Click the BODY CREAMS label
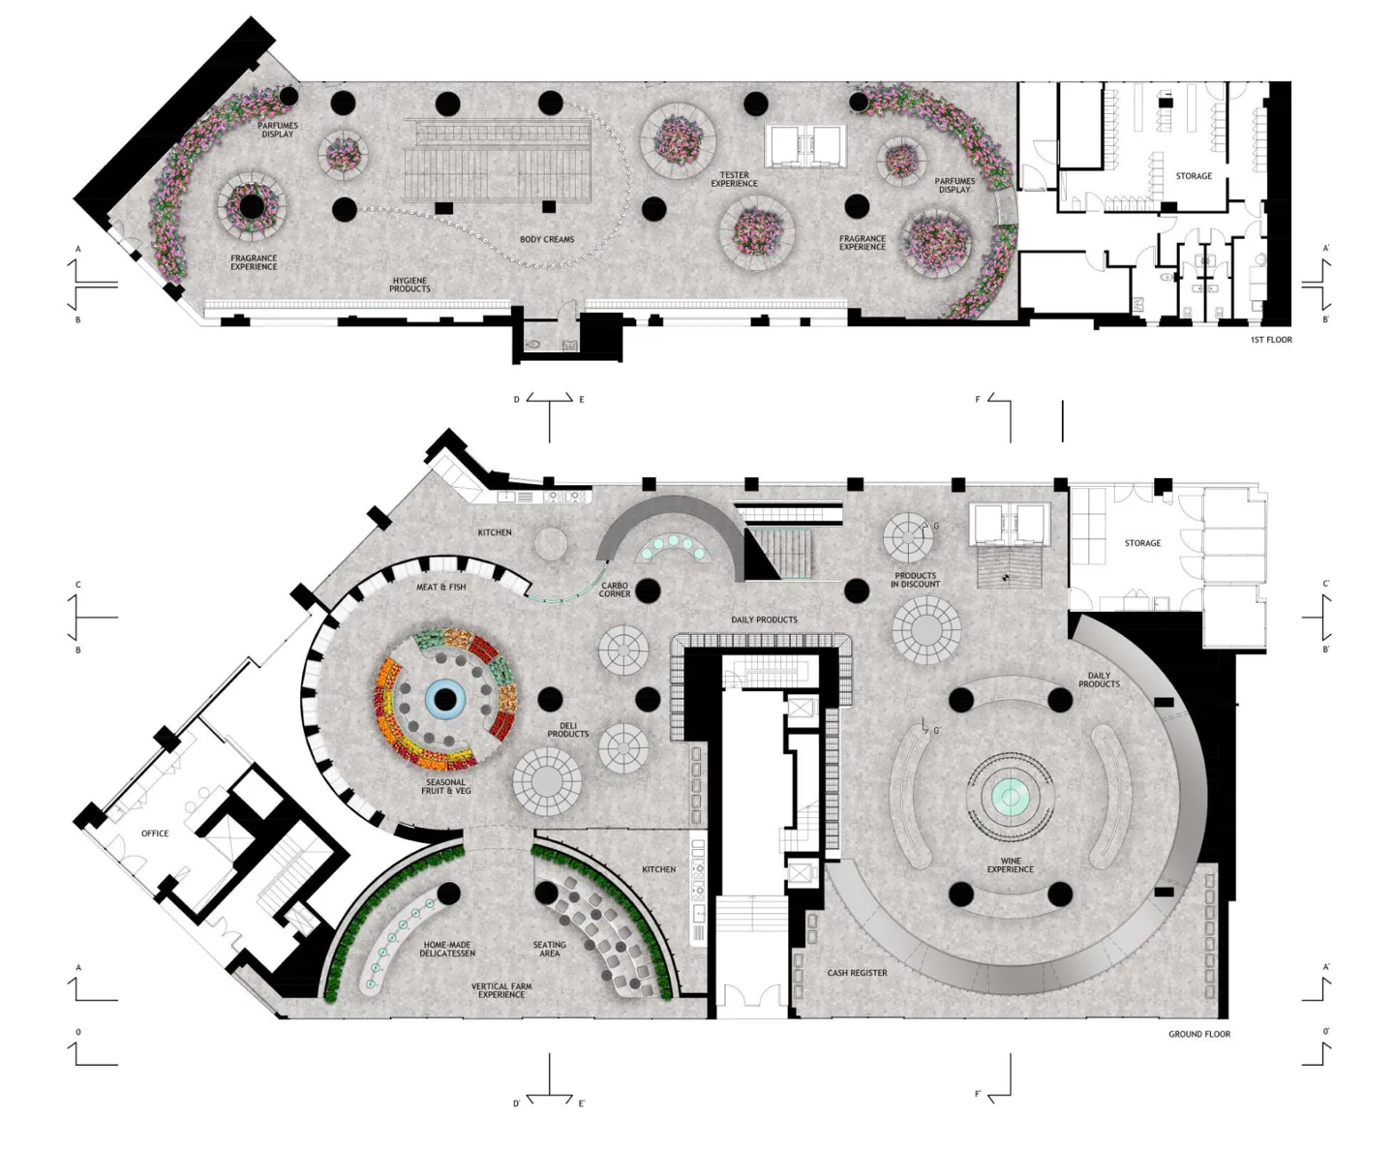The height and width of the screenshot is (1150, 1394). coord(547,239)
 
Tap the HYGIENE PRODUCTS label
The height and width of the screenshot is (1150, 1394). coord(409,285)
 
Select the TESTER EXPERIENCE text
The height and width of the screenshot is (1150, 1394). coord(734,179)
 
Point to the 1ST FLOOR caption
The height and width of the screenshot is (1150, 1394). coord(1271,340)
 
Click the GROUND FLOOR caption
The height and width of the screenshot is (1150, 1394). coord(1199,1034)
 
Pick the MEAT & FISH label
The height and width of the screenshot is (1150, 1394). coord(440,587)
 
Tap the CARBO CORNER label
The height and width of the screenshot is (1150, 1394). coord(614,590)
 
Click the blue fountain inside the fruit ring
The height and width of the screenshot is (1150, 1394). coord(445,700)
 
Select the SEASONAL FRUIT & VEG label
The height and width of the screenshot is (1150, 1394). coord(446,786)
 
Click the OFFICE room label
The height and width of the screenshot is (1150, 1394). coord(155,833)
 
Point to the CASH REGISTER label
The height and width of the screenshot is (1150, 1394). coord(858,973)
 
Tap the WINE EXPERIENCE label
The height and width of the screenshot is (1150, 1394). coord(1010,864)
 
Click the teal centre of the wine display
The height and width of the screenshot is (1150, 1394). coord(1010,797)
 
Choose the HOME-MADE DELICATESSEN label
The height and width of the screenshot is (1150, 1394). coord(447,949)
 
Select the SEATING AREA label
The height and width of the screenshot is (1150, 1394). coord(550,949)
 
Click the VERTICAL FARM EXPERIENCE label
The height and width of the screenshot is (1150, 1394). coord(501,990)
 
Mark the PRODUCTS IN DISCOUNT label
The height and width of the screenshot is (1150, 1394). coord(915,580)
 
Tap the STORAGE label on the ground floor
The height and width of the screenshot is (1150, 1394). coord(1142,544)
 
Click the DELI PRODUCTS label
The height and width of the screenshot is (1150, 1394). coord(567,729)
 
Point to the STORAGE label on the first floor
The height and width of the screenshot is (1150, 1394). coord(1194,176)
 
